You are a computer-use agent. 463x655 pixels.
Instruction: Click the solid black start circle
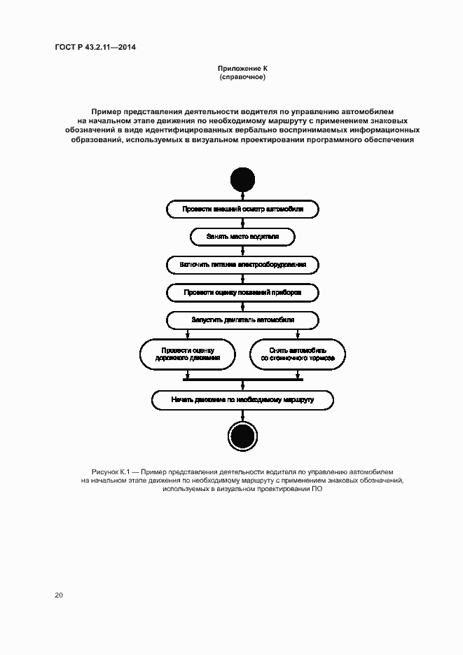242,179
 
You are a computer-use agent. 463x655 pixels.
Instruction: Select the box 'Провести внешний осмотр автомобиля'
242,209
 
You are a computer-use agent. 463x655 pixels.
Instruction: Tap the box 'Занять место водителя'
242,237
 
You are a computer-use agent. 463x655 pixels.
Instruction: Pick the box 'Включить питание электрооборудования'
242,265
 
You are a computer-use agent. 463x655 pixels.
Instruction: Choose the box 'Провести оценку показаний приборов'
242,292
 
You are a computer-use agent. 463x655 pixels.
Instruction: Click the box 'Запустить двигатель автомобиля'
242,319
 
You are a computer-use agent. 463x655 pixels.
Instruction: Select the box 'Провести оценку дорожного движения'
188,353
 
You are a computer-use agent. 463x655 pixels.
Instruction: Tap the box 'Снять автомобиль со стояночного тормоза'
298,353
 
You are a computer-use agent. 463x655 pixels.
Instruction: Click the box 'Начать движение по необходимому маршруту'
242,399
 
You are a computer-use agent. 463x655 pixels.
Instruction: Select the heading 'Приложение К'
242,68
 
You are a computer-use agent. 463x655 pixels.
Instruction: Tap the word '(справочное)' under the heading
242,76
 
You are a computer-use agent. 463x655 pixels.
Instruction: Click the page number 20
59,595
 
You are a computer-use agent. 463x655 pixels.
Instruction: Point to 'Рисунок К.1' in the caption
109,472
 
